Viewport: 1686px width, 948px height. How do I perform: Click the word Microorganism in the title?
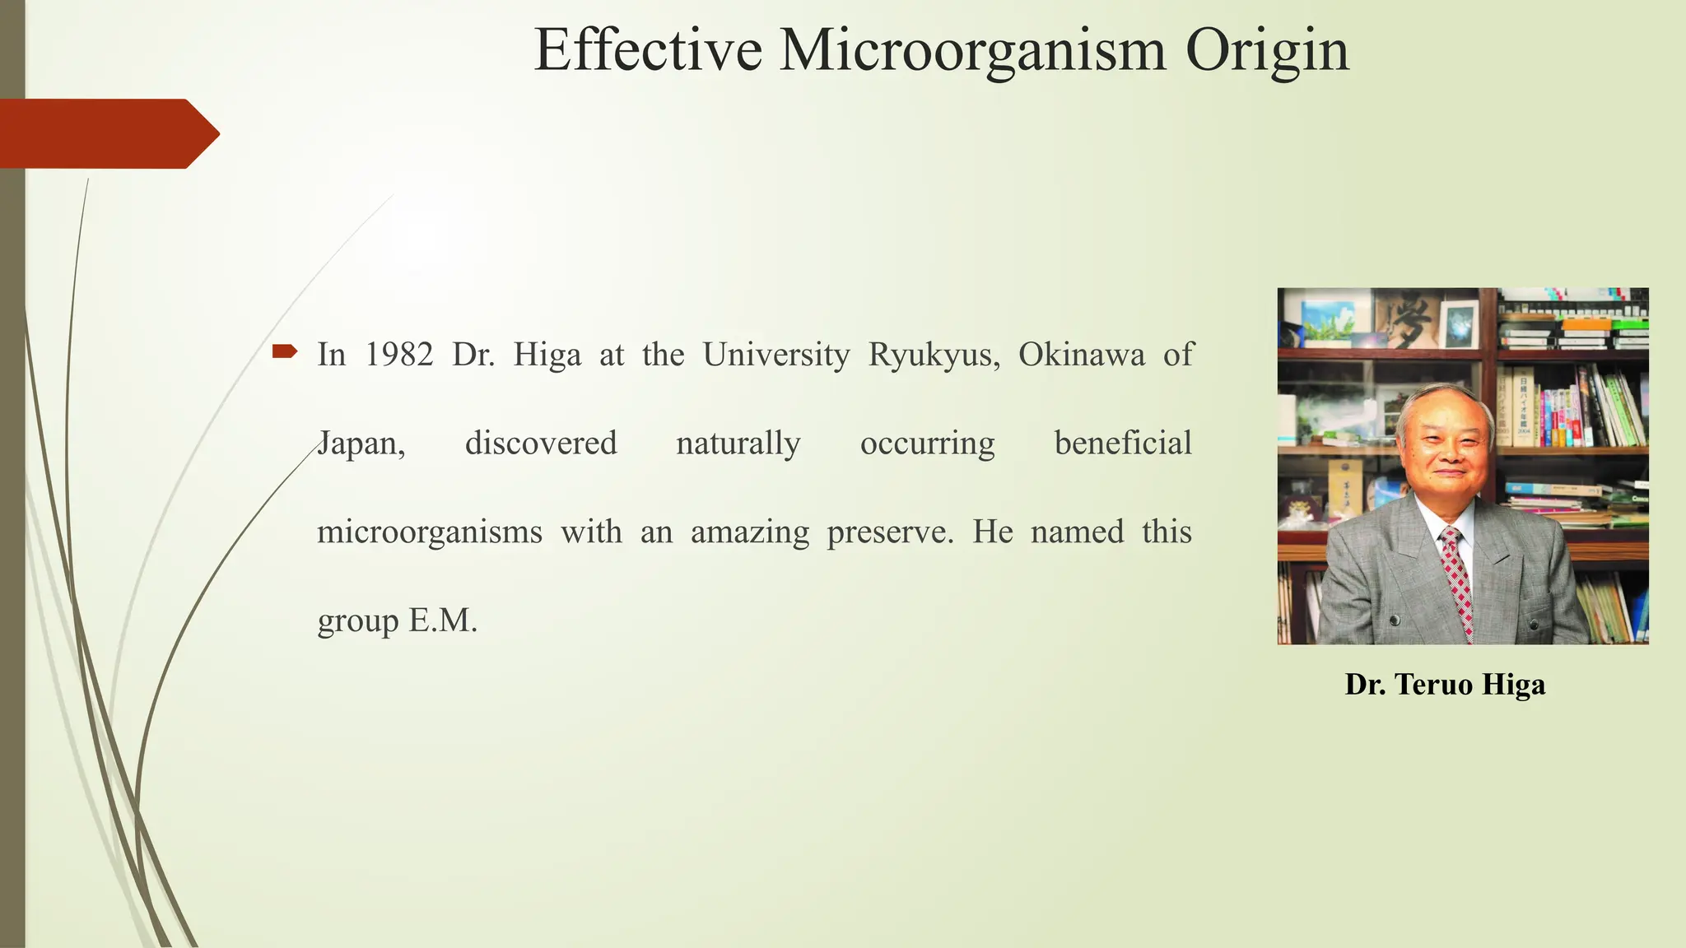pos(972,50)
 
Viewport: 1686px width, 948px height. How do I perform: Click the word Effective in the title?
pos(648,50)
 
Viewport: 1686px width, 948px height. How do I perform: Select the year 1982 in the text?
pos(399,355)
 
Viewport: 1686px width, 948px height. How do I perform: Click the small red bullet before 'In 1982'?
pos(284,352)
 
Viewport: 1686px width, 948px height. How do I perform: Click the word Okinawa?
pos(1081,355)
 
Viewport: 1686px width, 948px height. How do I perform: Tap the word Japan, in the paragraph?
pos(361,444)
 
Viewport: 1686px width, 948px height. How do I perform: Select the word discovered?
pos(541,444)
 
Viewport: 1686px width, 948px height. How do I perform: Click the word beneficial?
pos(1123,444)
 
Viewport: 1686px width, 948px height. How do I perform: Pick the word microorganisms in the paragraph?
pos(430,532)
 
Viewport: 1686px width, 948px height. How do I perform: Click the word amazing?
pos(750,532)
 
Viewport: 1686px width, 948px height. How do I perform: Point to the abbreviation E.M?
pos(443,620)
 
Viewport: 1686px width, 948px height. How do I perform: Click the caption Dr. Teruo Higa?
pos(1445,685)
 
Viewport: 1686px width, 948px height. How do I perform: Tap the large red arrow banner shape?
pos(107,133)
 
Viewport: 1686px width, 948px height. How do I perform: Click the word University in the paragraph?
pos(775,355)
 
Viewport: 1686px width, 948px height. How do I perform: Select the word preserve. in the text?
pos(890,532)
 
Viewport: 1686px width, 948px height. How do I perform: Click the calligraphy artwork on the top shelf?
pos(1409,318)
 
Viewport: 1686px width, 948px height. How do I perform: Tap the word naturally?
pos(738,444)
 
